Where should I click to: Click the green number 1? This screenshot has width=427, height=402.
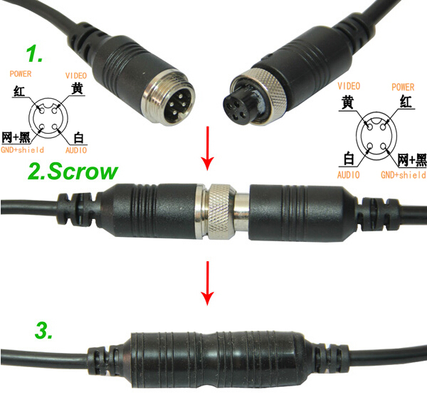[34, 54]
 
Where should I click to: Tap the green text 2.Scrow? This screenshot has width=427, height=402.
[73, 171]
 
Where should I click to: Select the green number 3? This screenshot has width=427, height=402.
[43, 330]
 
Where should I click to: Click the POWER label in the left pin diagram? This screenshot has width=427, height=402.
[21, 74]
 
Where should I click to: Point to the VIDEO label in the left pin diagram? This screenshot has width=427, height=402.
[76, 75]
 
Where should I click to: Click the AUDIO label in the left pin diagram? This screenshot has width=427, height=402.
[76, 150]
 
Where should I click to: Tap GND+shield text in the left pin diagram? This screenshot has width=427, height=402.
[22, 149]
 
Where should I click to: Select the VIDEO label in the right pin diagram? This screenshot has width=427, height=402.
[349, 86]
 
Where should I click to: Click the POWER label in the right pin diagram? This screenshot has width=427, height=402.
[403, 87]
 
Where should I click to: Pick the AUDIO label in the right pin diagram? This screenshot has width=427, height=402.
[349, 175]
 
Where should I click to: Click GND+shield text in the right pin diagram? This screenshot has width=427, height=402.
[404, 175]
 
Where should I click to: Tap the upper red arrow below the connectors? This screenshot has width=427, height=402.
[208, 148]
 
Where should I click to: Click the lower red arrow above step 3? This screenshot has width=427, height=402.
[208, 283]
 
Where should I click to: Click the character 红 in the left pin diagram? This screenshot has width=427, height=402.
[19, 92]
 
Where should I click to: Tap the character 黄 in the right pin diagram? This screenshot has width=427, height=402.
[347, 102]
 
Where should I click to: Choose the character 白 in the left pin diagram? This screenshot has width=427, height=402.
[78, 138]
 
